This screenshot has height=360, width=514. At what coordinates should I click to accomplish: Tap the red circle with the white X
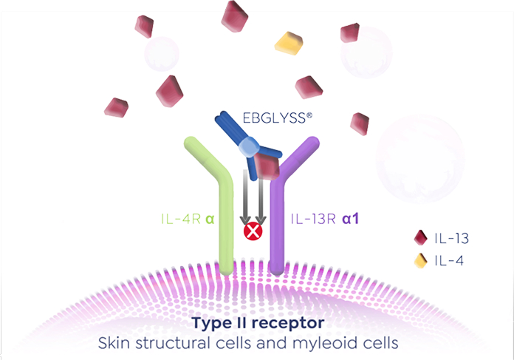[x=253, y=232]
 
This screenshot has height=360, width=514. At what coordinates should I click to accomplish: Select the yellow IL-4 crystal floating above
[x=289, y=44]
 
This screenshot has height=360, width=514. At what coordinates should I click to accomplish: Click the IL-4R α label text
[x=188, y=219]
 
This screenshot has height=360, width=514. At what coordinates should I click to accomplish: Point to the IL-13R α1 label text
[x=325, y=219]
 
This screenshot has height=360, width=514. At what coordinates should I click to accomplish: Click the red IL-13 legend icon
[x=421, y=238]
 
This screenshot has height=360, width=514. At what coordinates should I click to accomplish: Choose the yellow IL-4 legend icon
[x=421, y=260]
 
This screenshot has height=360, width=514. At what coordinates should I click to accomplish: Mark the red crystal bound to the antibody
[x=267, y=167]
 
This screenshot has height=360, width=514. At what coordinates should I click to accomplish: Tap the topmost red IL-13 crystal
[x=236, y=15]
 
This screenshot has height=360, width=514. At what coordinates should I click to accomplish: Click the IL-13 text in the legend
[x=452, y=238]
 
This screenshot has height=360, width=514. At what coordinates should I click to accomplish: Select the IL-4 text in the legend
[x=448, y=260]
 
